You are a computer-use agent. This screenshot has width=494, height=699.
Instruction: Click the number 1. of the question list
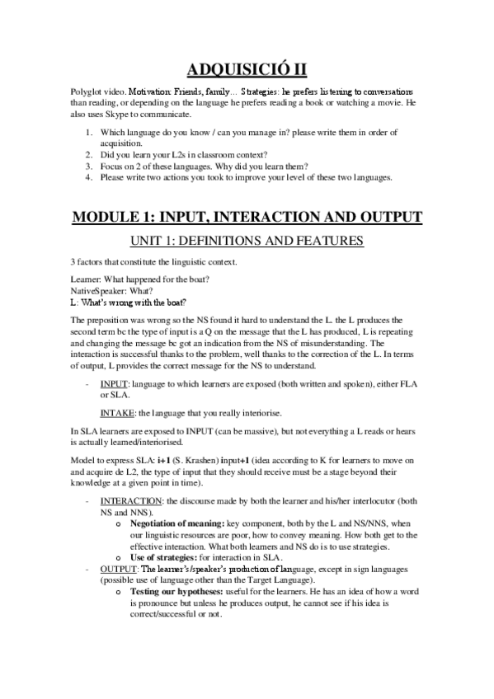(x=89, y=133)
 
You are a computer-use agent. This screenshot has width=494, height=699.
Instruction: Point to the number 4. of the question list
(x=89, y=176)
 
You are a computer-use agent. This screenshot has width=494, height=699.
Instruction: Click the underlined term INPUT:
(x=113, y=384)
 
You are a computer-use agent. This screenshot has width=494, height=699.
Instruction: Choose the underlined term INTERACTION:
(x=130, y=500)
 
